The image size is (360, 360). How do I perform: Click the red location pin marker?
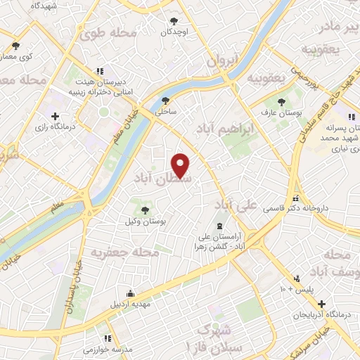[x=181, y=165]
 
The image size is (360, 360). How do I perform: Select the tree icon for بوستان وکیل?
[x=145, y=210]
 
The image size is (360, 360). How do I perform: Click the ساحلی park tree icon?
[x=165, y=101]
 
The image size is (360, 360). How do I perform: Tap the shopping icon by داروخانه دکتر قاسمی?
[x=296, y=198]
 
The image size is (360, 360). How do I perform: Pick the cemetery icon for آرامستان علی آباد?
[x=219, y=226]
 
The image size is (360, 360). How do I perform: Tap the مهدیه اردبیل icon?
[x=129, y=292]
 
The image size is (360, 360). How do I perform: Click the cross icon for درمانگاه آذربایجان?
[x=321, y=304]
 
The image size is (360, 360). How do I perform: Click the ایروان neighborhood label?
[x=224, y=61]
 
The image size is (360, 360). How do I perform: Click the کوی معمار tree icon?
[x=15, y=46]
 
